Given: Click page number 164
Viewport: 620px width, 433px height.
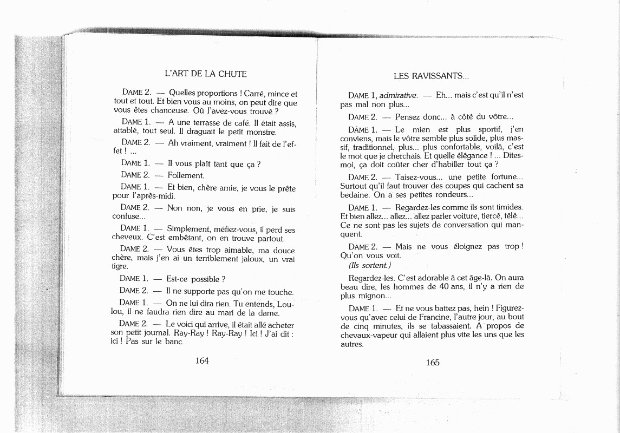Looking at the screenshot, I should [x=202, y=360].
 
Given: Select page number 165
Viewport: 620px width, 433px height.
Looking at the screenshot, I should [x=433, y=363].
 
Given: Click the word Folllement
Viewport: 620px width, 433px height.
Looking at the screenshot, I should [x=186, y=175].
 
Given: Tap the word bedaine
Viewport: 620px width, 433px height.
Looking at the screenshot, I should [x=355, y=194].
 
